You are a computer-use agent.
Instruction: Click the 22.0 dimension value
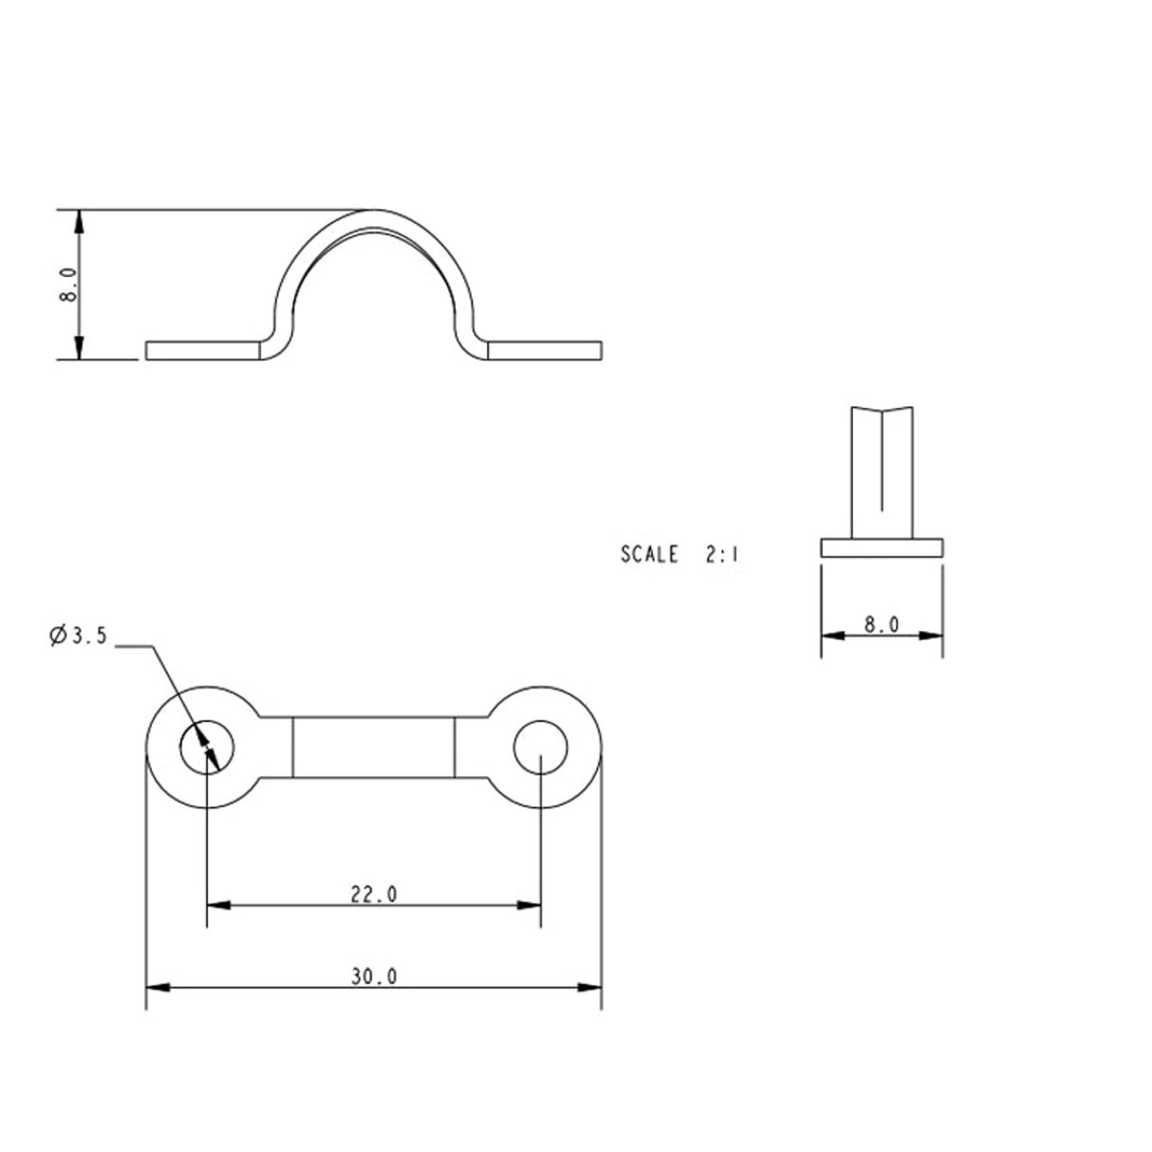pos(373,893)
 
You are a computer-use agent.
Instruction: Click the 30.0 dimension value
pos(373,975)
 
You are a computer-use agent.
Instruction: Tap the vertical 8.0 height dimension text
pos(67,284)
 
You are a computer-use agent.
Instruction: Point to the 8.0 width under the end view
pos(882,624)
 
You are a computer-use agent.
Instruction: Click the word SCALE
pos(649,554)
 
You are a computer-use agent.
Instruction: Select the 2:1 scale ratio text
pos(721,554)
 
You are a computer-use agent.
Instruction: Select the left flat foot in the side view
pos(203,350)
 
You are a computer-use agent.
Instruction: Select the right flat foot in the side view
pos(545,350)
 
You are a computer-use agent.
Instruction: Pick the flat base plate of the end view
pos(882,548)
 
